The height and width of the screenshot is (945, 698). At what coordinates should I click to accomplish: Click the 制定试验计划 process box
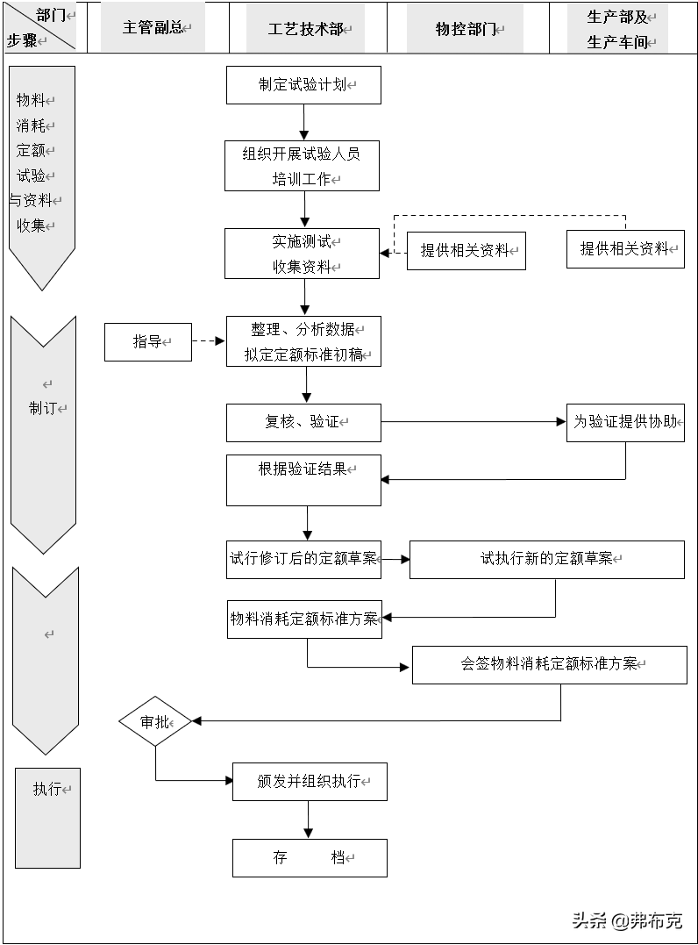tap(303, 85)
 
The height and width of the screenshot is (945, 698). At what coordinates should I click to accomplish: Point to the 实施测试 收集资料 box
tap(302, 254)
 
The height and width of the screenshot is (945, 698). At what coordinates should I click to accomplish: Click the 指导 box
tap(148, 341)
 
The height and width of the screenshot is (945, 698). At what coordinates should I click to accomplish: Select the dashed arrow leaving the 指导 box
tap(209, 341)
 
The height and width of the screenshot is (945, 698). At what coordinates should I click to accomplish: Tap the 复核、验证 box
tap(303, 422)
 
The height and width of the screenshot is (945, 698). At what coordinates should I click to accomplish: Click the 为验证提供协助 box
tap(625, 422)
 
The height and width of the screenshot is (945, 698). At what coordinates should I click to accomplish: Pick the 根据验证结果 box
tap(303, 479)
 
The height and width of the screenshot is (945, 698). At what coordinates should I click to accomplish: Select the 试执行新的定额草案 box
tap(546, 559)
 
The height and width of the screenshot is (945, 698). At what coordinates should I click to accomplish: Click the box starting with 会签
tap(549, 664)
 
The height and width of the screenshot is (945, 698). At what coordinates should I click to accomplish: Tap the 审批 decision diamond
tap(155, 721)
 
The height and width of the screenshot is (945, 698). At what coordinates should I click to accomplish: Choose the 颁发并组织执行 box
tap(310, 781)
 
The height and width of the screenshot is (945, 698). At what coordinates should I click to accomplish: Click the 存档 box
tap(310, 857)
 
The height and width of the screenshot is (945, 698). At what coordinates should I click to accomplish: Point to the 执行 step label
tap(48, 789)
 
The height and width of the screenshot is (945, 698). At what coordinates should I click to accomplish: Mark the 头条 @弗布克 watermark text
tap(626, 920)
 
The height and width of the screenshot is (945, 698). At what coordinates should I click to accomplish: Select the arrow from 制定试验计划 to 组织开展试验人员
tap(304, 122)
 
